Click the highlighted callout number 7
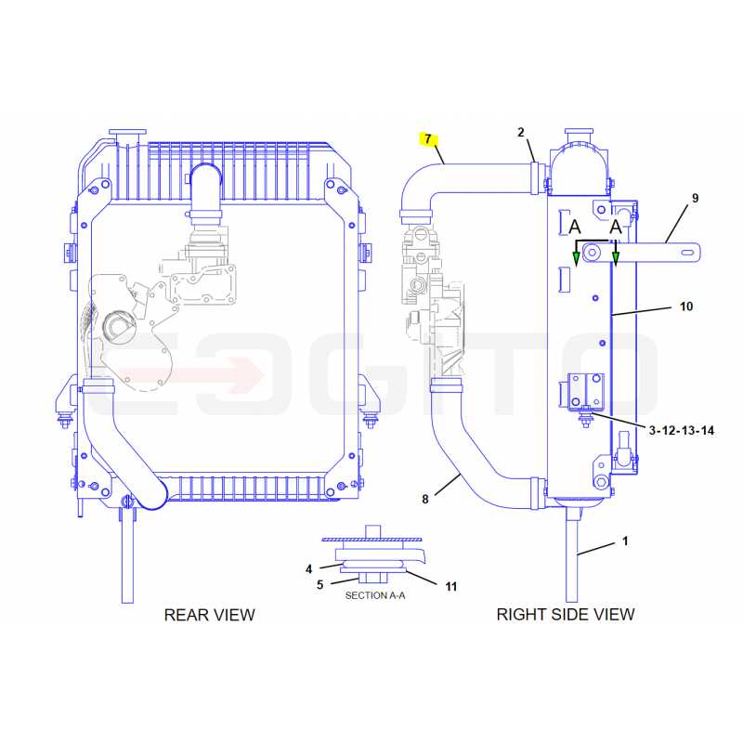click(x=428, y=139)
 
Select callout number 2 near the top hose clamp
click(x=521, y=132)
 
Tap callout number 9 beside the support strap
click(x=695, y=198)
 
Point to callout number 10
click(x=686, y=306)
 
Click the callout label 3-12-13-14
click(x=682, y=430)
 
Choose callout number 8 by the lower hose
click(x=425, y=499)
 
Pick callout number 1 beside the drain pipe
click(x=625, y=541)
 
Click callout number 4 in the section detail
click(x=309, y=569)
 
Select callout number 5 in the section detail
click(x=319, y=585)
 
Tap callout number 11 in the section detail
click(x=450, y=587)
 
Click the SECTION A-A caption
click(x=375, y=595)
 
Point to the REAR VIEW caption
click(x=210, y=615)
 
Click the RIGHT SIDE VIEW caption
click(x=566, y=614)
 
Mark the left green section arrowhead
click(x=576, y=259)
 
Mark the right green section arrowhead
click(x=616, y=259)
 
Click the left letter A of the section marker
click(x=575, y=227)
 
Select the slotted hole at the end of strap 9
click(x=687, y=253)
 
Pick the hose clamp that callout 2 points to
click(x=535, y=178)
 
